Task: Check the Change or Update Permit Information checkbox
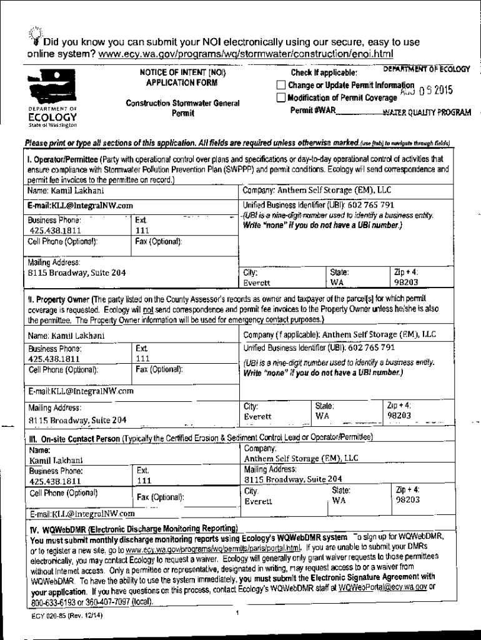click(x=281, y=86)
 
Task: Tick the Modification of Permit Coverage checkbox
click(x=281, y=97)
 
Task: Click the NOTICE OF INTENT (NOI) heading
click(x=182, y=72)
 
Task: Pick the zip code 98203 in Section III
click(x=408, y=500)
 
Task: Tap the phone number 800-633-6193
click(x=51, y=602)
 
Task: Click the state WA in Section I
click(x=337, y=282)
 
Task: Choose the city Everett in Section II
click(x=257, y=416)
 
